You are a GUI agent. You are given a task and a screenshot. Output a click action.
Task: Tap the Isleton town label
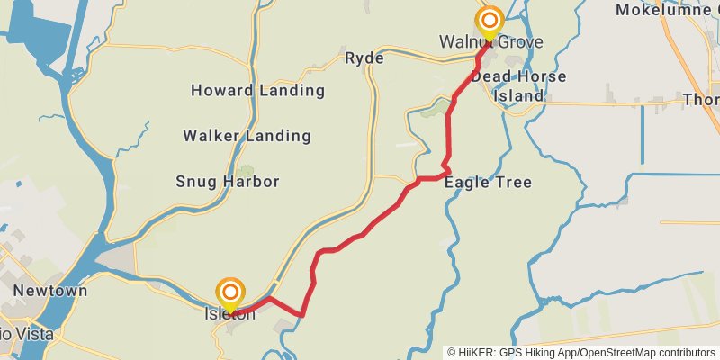(230, 314)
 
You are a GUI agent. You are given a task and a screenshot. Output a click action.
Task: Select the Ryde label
(364, 58)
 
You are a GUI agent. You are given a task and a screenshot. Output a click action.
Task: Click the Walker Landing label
(247, 136)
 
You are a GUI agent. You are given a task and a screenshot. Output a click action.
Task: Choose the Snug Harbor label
(227, 182)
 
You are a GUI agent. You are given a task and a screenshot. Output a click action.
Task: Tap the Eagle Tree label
(487, 182)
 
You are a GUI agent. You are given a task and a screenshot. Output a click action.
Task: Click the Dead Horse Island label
(519, 86)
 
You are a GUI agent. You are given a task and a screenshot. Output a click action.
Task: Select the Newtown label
(50, 291)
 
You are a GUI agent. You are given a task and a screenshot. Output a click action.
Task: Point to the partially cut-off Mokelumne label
(666, 10)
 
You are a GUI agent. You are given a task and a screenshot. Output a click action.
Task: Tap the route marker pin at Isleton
(230, 292)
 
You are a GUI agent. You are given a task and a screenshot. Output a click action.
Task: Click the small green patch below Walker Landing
(246, 170)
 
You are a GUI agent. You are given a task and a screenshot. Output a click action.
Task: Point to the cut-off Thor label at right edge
(701, 99)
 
